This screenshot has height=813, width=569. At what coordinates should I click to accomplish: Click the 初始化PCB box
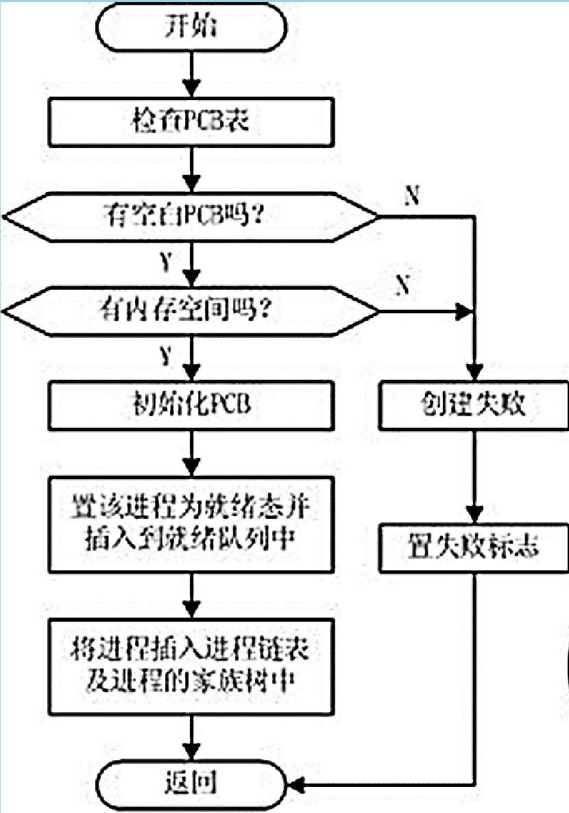click(192, 405)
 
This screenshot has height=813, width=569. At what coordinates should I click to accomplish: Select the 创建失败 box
click(473, 405)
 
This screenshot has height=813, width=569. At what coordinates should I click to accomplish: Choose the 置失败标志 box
click(473, 548)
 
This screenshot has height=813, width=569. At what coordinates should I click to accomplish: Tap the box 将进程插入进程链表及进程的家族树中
click(192, 666)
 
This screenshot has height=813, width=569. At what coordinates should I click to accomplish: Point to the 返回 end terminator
click(192, 781)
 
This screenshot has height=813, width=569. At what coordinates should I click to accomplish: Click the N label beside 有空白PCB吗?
click(412, 196)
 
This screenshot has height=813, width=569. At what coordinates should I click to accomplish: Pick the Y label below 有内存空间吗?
click(165, 356)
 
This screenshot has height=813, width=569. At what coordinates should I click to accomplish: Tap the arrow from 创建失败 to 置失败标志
click(473, 476)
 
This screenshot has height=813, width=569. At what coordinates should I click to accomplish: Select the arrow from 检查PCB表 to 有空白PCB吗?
click(193, 171)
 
